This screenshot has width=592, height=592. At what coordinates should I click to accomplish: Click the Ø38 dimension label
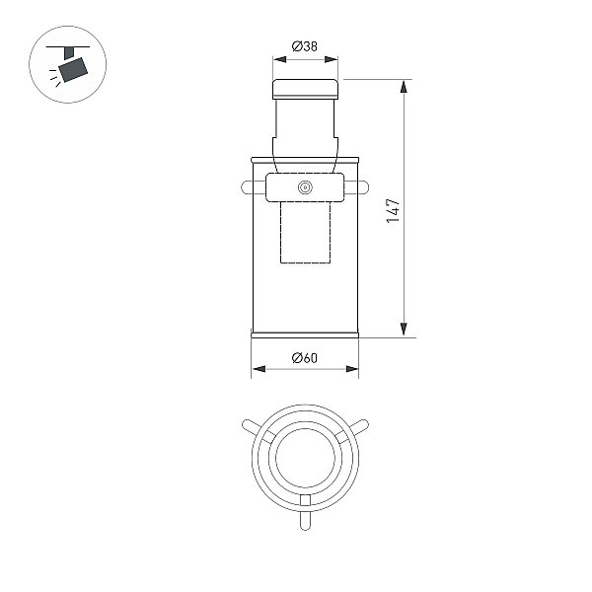pos(305,46)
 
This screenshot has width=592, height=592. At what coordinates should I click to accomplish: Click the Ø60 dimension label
pos(305,357)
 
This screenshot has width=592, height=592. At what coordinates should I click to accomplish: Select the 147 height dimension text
pos(393,210)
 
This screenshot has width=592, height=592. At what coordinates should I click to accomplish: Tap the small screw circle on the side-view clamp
pos(305,187)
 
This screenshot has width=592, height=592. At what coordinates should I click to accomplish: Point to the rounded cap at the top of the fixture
pos(306,89)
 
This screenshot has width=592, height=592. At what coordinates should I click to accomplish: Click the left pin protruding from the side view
pos(254,187)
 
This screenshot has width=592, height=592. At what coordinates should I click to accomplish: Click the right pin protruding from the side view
pos(356,187)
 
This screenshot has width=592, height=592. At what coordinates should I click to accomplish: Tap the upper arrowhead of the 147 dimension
pos(404,86)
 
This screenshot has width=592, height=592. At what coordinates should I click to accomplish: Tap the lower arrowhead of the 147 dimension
pos(404,330)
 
